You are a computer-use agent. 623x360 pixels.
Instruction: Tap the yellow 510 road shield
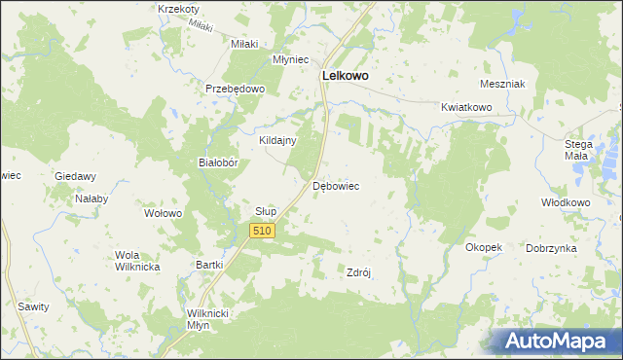tap(262, 231)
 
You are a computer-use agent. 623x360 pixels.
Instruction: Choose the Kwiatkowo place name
tap(462, 107)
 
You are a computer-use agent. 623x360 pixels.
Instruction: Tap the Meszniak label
tap(502, 84)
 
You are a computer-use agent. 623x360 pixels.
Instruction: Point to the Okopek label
tap(484, 247)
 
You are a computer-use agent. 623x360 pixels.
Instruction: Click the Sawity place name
tap(33, 306)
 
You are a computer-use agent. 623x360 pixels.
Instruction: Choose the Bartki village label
tap(210, 265)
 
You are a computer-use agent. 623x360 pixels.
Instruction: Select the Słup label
tap(266, 211)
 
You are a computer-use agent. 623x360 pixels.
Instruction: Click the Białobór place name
tap(219, 163)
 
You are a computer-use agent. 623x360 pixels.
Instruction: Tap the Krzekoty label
tap(177, 9)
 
